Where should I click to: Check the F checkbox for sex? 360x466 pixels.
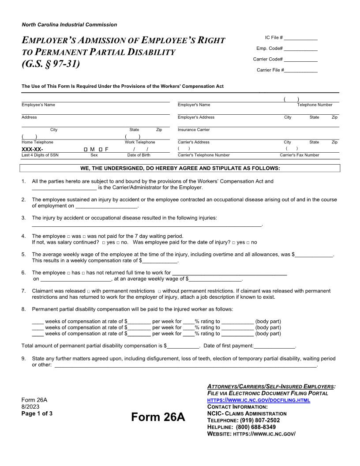(101, 150)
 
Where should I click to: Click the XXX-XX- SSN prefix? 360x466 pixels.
(32, 150)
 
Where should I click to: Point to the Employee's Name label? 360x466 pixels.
(38, 105)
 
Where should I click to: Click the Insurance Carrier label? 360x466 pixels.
(194, 130)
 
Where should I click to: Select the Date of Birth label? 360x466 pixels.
(139, 155)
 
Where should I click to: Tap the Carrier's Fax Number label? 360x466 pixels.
(299, 155)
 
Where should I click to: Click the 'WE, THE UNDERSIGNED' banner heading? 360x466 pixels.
(180, 168)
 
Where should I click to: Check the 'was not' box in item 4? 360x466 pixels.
(84, 237)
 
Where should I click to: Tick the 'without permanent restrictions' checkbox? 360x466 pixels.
(159, 292)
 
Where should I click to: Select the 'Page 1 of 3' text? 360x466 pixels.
(37, 413)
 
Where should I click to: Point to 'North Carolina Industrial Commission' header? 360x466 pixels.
(69, 25)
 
